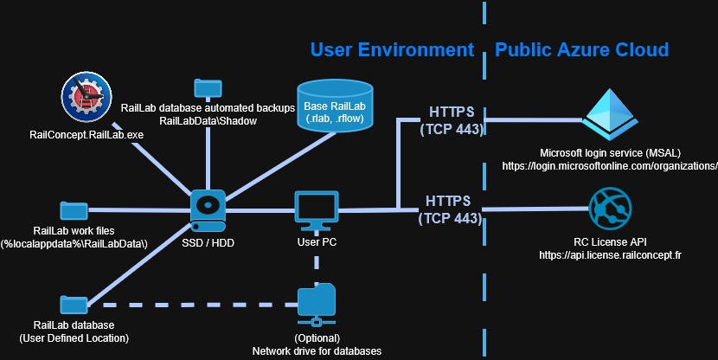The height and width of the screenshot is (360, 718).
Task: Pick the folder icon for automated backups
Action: coord(208,87)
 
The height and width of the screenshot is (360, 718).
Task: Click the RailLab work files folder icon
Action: coord(74,210)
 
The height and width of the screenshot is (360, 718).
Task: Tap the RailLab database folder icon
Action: coord(74,305)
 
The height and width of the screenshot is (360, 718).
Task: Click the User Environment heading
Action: coord(392,48)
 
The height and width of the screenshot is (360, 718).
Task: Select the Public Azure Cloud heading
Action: coord(581,48)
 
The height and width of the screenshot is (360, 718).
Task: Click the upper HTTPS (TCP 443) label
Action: coord(451,120)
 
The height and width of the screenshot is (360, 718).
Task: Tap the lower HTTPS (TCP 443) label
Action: coord(449,209)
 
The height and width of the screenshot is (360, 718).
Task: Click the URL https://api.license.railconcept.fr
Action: coord(610,255)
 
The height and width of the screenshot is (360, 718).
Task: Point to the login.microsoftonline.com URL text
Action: coord(610,164)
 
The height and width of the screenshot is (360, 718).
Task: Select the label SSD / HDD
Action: coord(208,243)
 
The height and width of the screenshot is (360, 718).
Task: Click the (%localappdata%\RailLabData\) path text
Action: coord(74,244)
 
